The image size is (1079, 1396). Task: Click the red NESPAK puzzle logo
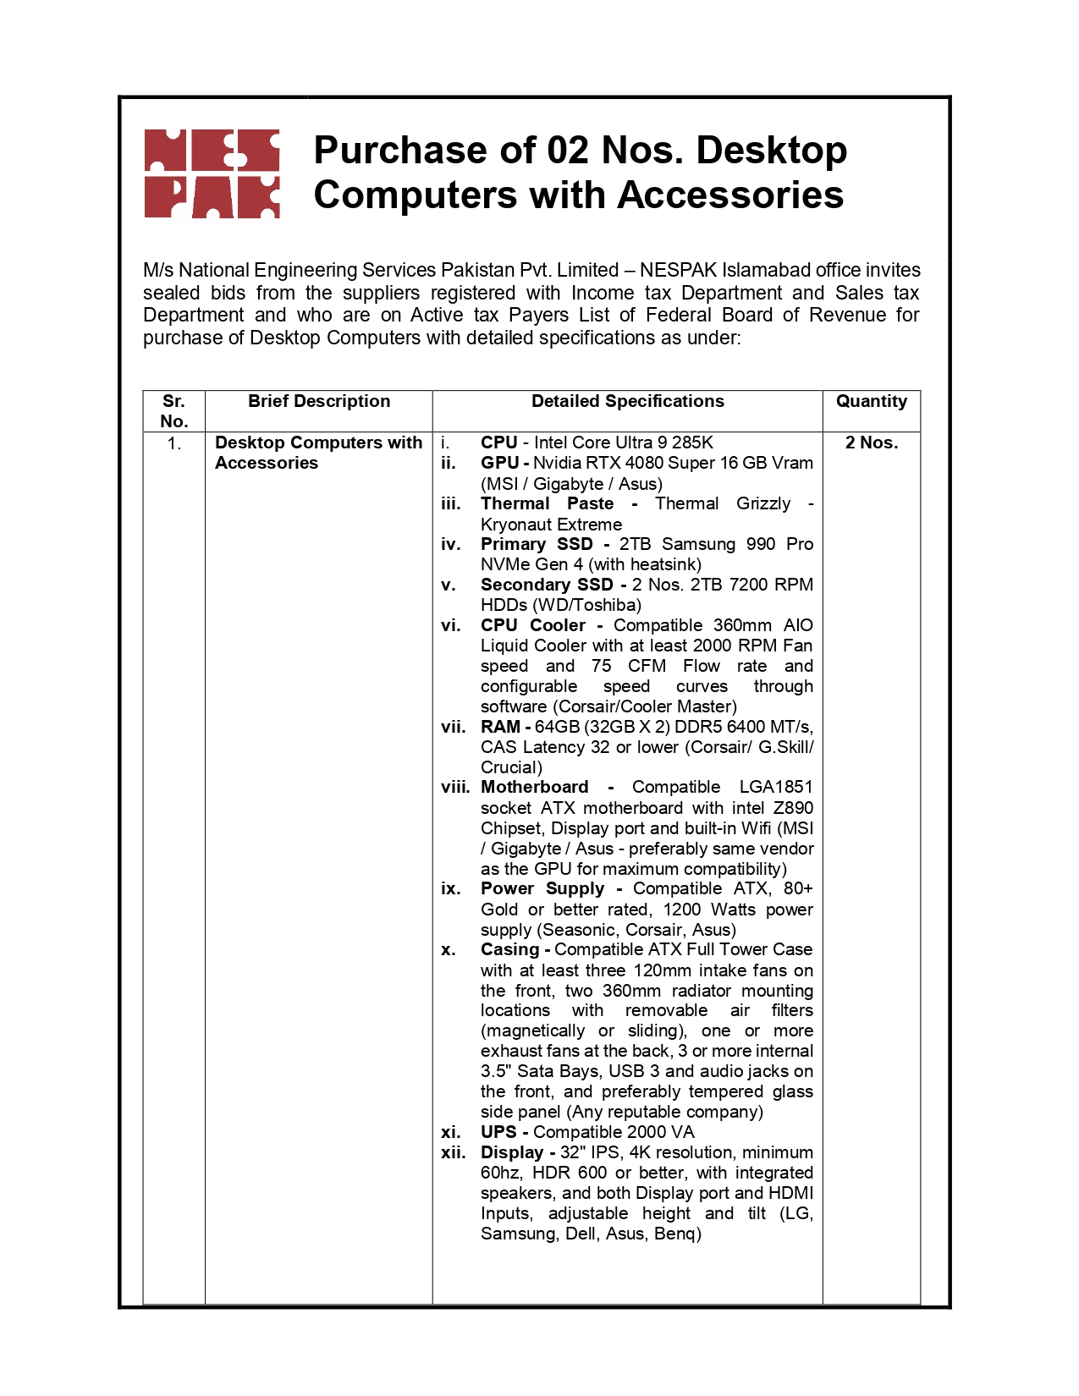[212, 173]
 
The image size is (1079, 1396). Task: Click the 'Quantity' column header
[871, 401]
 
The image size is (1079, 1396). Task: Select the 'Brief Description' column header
[319, 401]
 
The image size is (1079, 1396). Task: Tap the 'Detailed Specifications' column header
[627, 401]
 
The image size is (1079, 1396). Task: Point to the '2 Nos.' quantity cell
[871, 442]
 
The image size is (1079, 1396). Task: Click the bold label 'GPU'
[499, 463]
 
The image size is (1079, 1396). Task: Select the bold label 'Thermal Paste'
[547, 503]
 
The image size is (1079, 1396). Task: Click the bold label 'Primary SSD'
[537, 544]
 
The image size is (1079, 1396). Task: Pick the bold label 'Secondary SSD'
[547, 585]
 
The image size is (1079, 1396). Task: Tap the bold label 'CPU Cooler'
[533, 625]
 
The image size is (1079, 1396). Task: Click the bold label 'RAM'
[500, 727]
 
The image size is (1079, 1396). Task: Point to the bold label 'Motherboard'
[534, 787]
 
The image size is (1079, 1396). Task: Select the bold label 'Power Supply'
[542, 888]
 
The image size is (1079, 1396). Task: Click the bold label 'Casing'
[509, 949]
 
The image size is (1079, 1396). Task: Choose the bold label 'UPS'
[498, 1132]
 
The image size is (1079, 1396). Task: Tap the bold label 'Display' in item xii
[512, 1152]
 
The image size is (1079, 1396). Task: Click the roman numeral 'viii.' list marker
[455, 787]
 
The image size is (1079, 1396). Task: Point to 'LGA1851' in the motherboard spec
[775, 787]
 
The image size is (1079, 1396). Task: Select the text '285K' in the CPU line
[692, 442]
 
